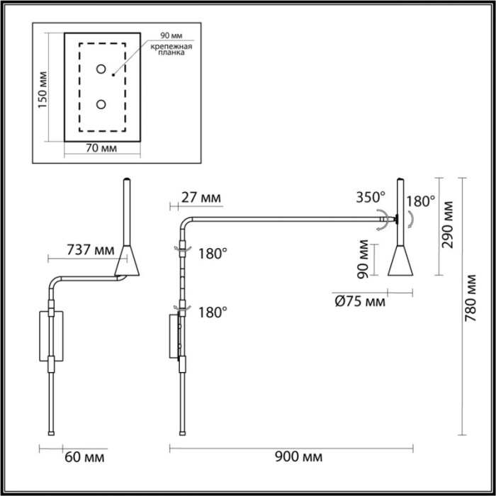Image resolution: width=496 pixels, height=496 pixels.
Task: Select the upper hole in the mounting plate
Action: [x=101, y=69]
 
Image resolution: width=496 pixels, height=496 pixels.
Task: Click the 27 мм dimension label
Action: [x=201, y=197]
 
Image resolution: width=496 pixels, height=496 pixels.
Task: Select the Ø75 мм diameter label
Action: [x=359, y=301]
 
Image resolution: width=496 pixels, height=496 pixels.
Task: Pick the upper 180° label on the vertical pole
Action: [x=212, y=253]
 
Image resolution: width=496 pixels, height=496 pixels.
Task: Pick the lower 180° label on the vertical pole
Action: [x=212, y=311]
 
